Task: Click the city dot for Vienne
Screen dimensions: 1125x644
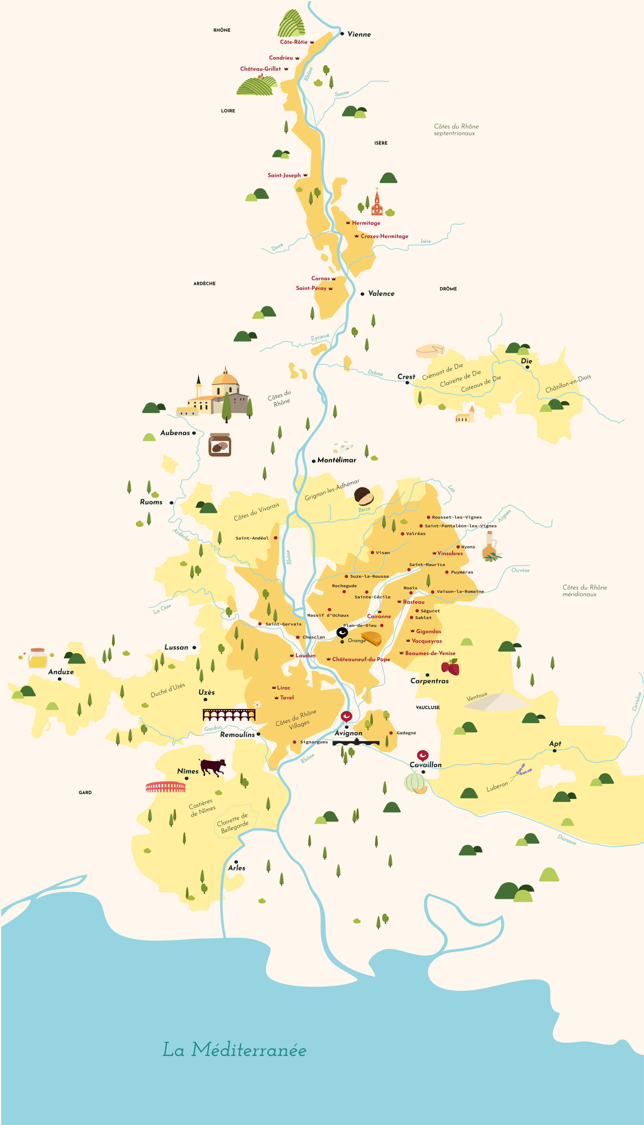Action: tap(342, 34)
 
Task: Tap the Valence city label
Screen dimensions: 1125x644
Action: tap(381, 293)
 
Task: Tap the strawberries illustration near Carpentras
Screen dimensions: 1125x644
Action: tap(450, 667)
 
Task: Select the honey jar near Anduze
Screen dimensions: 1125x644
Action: tap(37, 658)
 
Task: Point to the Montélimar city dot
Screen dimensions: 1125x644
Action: tap(314, 461)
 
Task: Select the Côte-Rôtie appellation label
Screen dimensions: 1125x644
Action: tap(293, 42)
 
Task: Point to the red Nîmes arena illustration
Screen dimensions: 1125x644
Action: tap(165, 787)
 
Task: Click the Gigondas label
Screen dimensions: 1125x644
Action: tap(428, 631)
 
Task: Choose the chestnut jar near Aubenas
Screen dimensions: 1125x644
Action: tap(220, 445)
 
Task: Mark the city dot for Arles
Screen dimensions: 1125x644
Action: tap(236, 862)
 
